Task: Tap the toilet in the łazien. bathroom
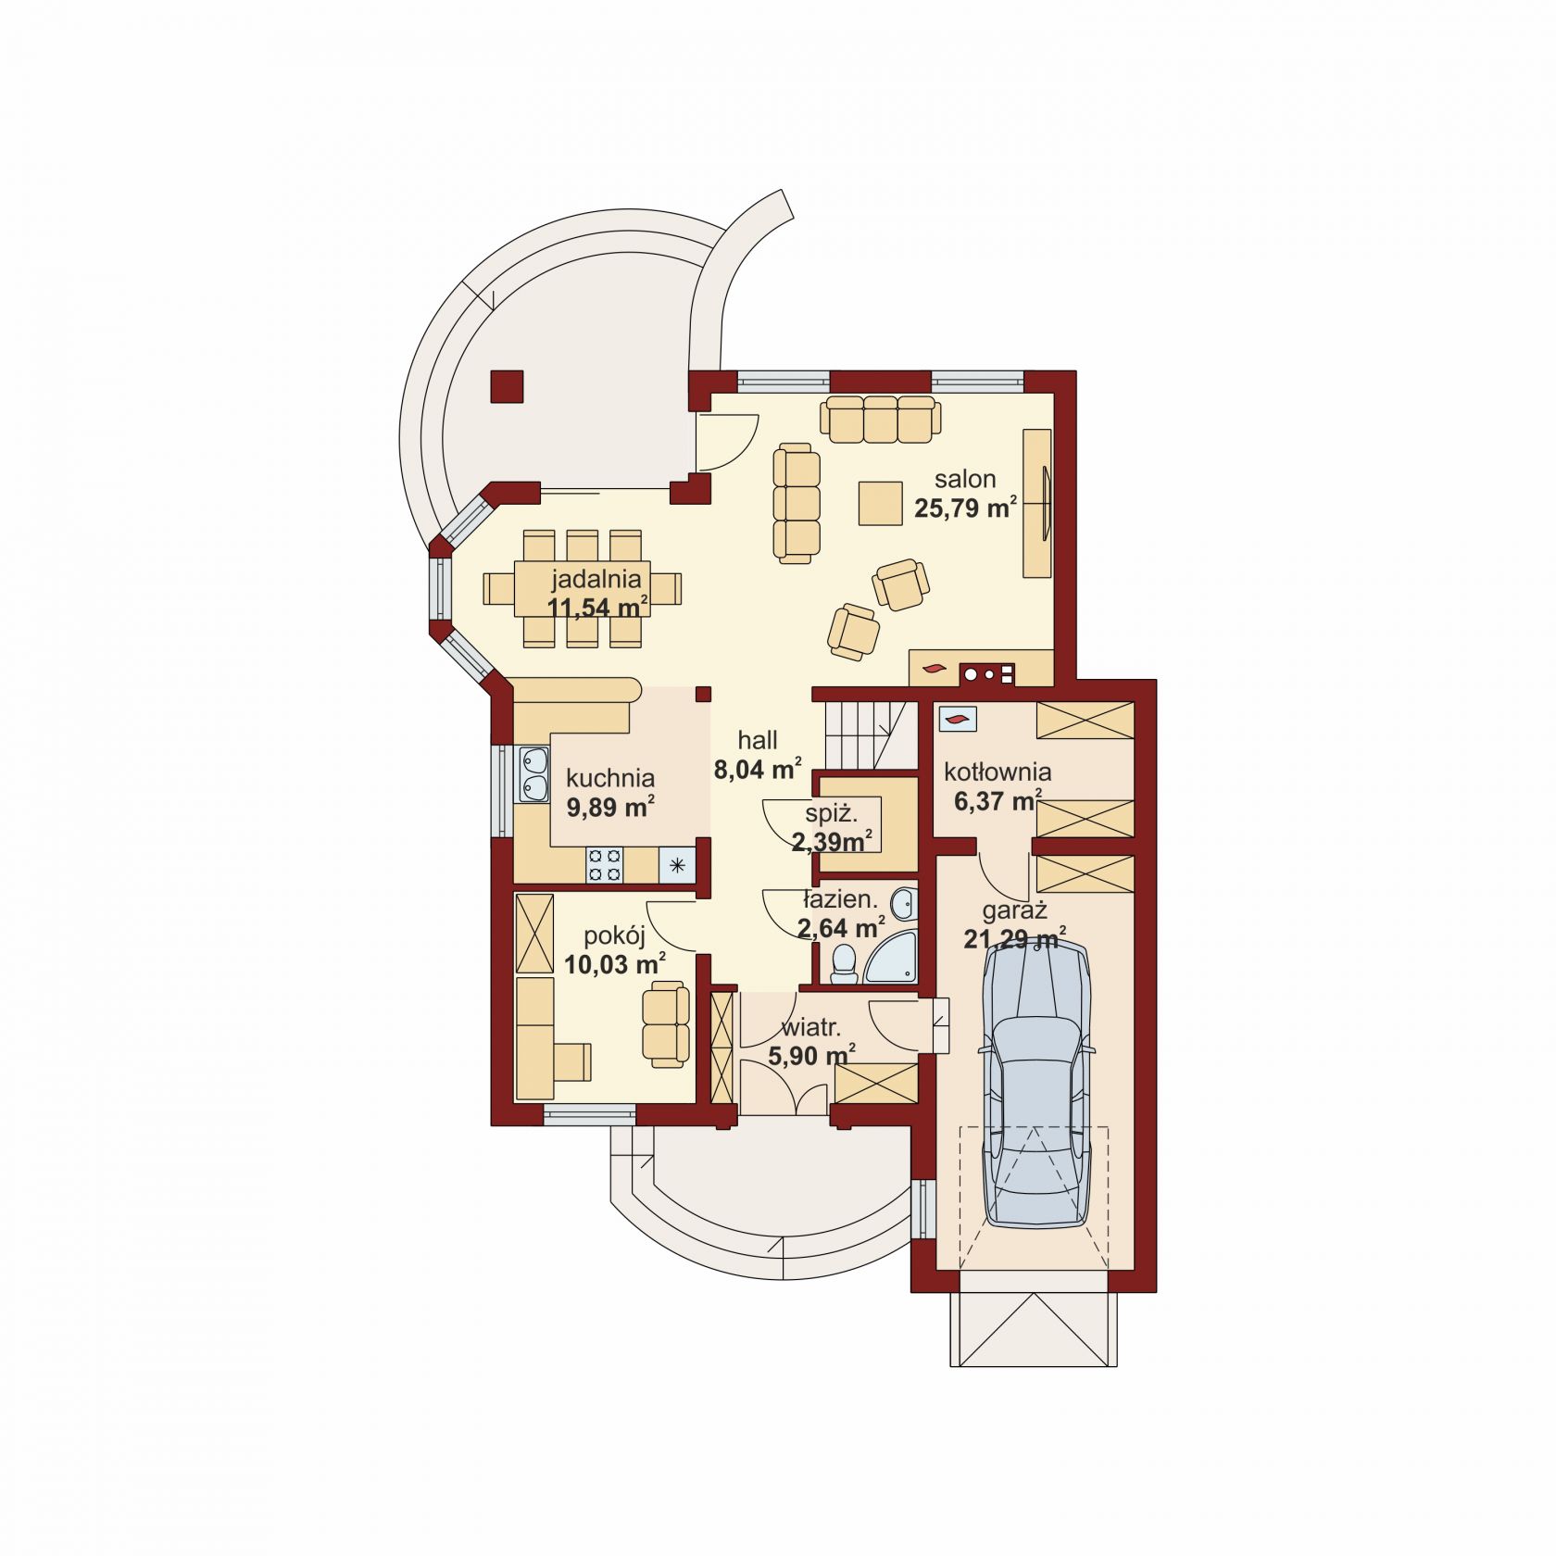pyautogui.click(x=844, y=963)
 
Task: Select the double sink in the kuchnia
pyautogui.click(x=533, y=774)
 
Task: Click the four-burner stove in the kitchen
pyautogui.click(x=604, y=865)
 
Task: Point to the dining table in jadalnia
pyautogui.click(x=582, y=589)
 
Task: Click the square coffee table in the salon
pyautogui.click(x=880, y=503)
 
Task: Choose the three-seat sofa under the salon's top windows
pyautogui.click(x=880, y=420)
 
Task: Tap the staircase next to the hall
pyautogui.click(x=870, y=734)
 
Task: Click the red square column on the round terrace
pyautogui.click(x=507, y=386)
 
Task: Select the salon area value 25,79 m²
pyautogui.click(x=965, y=508)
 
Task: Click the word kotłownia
pyautogui.click(x=998, y=772)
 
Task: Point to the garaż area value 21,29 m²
pyautogui.click(x=1014, y=939)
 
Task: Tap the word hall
pyautogui.click(x=758, y=740)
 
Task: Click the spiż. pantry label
pyautogui.click(x=831, y=814)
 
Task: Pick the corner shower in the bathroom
pyautogui.click(x=892, y=959)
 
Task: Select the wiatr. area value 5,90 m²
pyautogui.click(x=811, y=1055)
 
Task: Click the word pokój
pyautogui.click(x=614, y=935)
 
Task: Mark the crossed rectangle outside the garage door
pyautogui.click(x=1034, y=1328)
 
